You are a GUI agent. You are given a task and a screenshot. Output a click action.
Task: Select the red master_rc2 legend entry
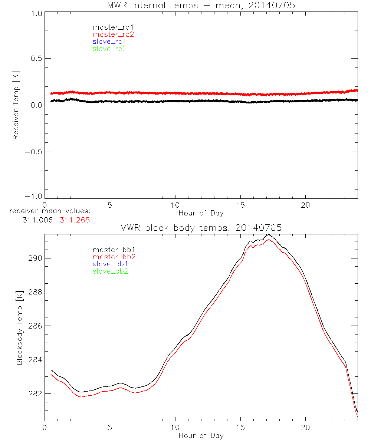[113, 34]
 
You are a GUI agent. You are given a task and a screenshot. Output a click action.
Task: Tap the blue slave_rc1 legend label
[109, 42]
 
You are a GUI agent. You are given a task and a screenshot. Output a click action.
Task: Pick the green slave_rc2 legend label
[109, 49]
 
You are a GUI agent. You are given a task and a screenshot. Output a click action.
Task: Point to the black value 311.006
[36, 220]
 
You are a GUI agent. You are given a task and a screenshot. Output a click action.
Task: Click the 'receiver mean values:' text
[50, 211]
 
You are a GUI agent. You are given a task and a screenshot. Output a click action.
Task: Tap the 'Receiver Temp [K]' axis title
[16, 105]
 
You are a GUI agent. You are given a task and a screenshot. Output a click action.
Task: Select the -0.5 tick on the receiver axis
[33, 152]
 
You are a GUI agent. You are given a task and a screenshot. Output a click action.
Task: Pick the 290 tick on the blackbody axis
[35, 258]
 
